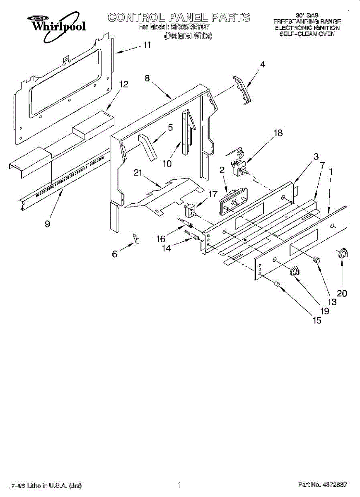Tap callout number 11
tap(147, 45)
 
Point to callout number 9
tap(48, 224)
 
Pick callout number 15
tap(317, 321)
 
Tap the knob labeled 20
tap(342, 254)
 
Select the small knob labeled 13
tap(317, 259)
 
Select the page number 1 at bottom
tap(179, 485)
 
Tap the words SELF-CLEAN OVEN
tap(307, 34)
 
